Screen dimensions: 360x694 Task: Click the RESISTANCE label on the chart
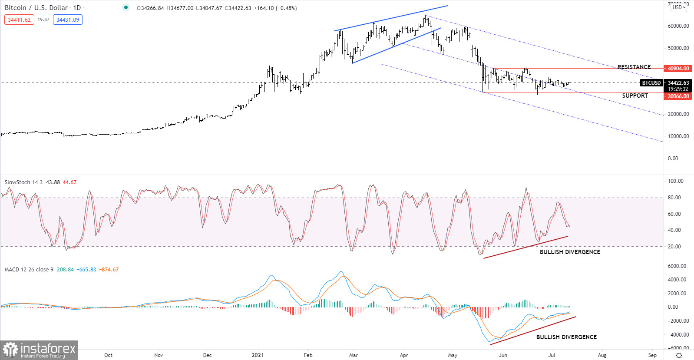point(634,67)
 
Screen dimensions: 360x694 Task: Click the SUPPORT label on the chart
point(635,96)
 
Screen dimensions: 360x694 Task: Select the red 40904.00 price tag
point(678,68)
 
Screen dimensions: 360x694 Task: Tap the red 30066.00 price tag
point(678,96)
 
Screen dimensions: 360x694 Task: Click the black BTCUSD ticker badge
point(651,83)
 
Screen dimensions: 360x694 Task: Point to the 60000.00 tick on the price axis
point(678,26)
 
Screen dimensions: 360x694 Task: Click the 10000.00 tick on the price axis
point(678,136)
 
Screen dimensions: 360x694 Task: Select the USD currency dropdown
point(679,7)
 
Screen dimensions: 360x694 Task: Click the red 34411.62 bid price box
point(19,20)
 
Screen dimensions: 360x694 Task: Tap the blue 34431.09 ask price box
point(68,20)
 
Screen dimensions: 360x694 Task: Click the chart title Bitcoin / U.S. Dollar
point(36,8)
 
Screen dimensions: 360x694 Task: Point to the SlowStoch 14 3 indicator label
point(23,182)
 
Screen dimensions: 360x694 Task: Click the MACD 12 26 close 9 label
point(29,270)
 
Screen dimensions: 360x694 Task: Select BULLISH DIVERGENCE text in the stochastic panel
point(570,252)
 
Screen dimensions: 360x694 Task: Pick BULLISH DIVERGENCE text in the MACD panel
point(566,337)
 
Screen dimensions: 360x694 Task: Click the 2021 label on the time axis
point(258,355)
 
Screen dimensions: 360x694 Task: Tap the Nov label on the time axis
point(159,355)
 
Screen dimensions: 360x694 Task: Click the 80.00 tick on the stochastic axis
point(674,198)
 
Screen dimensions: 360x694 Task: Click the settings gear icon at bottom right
point(679,355)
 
